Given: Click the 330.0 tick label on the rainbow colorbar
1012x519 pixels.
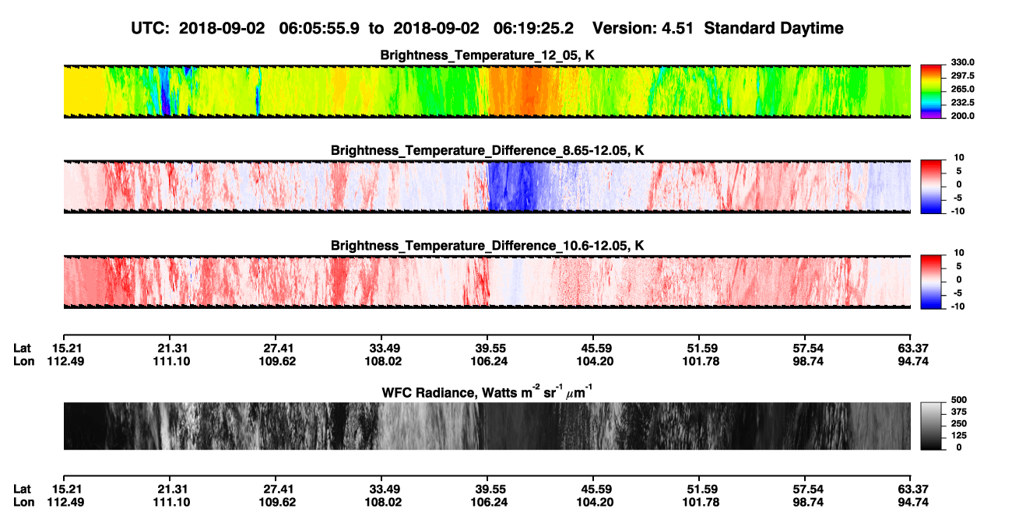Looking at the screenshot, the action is click(x=962, y=62).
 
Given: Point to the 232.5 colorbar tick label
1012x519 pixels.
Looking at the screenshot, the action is click(x=962, y=103).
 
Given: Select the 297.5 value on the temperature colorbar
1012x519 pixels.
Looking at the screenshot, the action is click(x=962, y=75).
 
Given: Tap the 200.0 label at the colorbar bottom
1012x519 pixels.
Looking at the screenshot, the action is click(x=962, y=116).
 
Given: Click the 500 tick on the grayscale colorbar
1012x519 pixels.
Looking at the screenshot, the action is click(x=959, y=400).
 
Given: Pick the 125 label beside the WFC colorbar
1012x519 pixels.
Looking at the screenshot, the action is click(x=959, y=436).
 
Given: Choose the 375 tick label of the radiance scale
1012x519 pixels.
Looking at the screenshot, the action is click(x=959, y=412).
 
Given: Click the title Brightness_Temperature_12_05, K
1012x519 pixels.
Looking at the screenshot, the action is click(x=487, y=55).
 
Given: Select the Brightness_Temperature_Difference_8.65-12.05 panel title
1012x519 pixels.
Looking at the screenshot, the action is click(x=487, y=150).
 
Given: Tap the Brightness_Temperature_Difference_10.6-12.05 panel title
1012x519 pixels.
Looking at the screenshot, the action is click(x=487, y=246).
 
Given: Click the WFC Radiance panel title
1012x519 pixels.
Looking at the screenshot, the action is click(x=487, y=391).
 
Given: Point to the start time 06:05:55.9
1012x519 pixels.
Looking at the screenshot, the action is click(x=319, y=28).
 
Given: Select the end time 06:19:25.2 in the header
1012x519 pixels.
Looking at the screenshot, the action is click(x=533, y=28).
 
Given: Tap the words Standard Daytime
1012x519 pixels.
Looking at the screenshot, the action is click(x=774, y=28).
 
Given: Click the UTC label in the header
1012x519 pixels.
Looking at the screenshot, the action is click(x=150, y=28).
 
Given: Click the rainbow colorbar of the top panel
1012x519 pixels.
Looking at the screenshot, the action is click(x=931, y=92).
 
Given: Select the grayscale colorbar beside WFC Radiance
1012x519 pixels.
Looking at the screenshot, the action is click(x=931, y=426).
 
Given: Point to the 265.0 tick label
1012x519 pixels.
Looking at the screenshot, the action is click(x=962, y=89).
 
